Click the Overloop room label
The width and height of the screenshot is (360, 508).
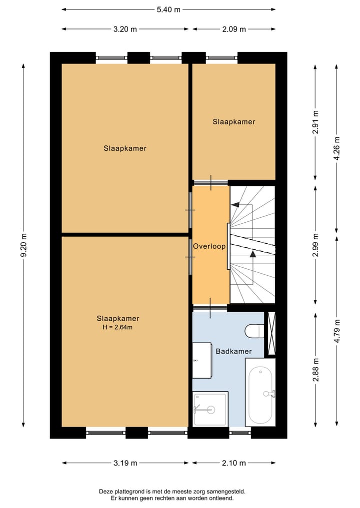(x=209, y=246)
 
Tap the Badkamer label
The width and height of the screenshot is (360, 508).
(x=234, y=351)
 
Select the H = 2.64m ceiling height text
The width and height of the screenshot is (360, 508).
(x=117, y=327)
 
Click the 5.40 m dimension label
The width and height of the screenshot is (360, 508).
(x=168, y=9)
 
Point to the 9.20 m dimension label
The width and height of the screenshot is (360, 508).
(x=23, y=245)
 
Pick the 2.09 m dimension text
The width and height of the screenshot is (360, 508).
(x=234, y=29)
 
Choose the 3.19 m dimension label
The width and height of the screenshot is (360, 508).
(x=125, y=463)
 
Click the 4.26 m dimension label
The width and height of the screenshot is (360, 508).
(x=336, y=148)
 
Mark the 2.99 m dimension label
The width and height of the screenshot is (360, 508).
(x=315, y=245)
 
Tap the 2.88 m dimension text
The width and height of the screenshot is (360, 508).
(x=315, y=370)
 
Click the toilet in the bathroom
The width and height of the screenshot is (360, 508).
(x=254, y=331)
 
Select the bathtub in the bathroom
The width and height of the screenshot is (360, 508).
(x=260, y=392)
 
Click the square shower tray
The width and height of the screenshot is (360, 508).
(x=210, y=409)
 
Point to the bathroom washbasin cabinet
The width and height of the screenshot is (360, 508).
(x=202, y=360)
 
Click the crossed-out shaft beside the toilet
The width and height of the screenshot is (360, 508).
(x=271, y=333)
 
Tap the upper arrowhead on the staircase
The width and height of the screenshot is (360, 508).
(x=235, y=204)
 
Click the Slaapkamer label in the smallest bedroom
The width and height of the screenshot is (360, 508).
(x=234, y=122)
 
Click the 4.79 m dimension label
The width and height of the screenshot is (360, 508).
(x=336, y=331)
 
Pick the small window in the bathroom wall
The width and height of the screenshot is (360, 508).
(x=240, y=433)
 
